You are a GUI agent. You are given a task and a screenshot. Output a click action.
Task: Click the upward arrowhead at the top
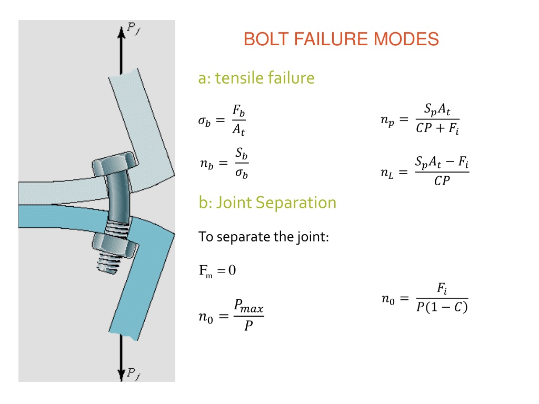pos(121,32)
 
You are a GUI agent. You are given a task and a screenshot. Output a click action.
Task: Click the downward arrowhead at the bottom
pos(121,375)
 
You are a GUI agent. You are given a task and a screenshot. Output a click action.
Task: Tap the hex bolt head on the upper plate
pos(115,164)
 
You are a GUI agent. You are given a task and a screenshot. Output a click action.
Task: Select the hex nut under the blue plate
pos(115,245)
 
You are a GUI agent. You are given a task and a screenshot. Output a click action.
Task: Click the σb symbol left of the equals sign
pos(204,120)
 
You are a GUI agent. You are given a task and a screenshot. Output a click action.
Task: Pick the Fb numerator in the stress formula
pos(238,110)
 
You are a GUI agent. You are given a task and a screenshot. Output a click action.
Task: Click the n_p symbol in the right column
pos(387,120)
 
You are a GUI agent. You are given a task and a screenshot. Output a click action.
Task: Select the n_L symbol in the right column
pos(387,173)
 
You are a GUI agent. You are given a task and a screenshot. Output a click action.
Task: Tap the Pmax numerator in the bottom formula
pos(248,306)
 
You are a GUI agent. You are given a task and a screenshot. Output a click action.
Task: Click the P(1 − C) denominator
pos(442,307)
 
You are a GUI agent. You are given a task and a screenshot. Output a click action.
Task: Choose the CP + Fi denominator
pos(437,128)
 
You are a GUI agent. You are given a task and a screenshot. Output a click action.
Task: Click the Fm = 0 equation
pos(217,271)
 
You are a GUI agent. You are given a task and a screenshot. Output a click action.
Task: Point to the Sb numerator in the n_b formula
pos(241,153)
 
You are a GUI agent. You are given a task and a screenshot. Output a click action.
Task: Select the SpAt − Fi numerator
pos(442,162)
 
